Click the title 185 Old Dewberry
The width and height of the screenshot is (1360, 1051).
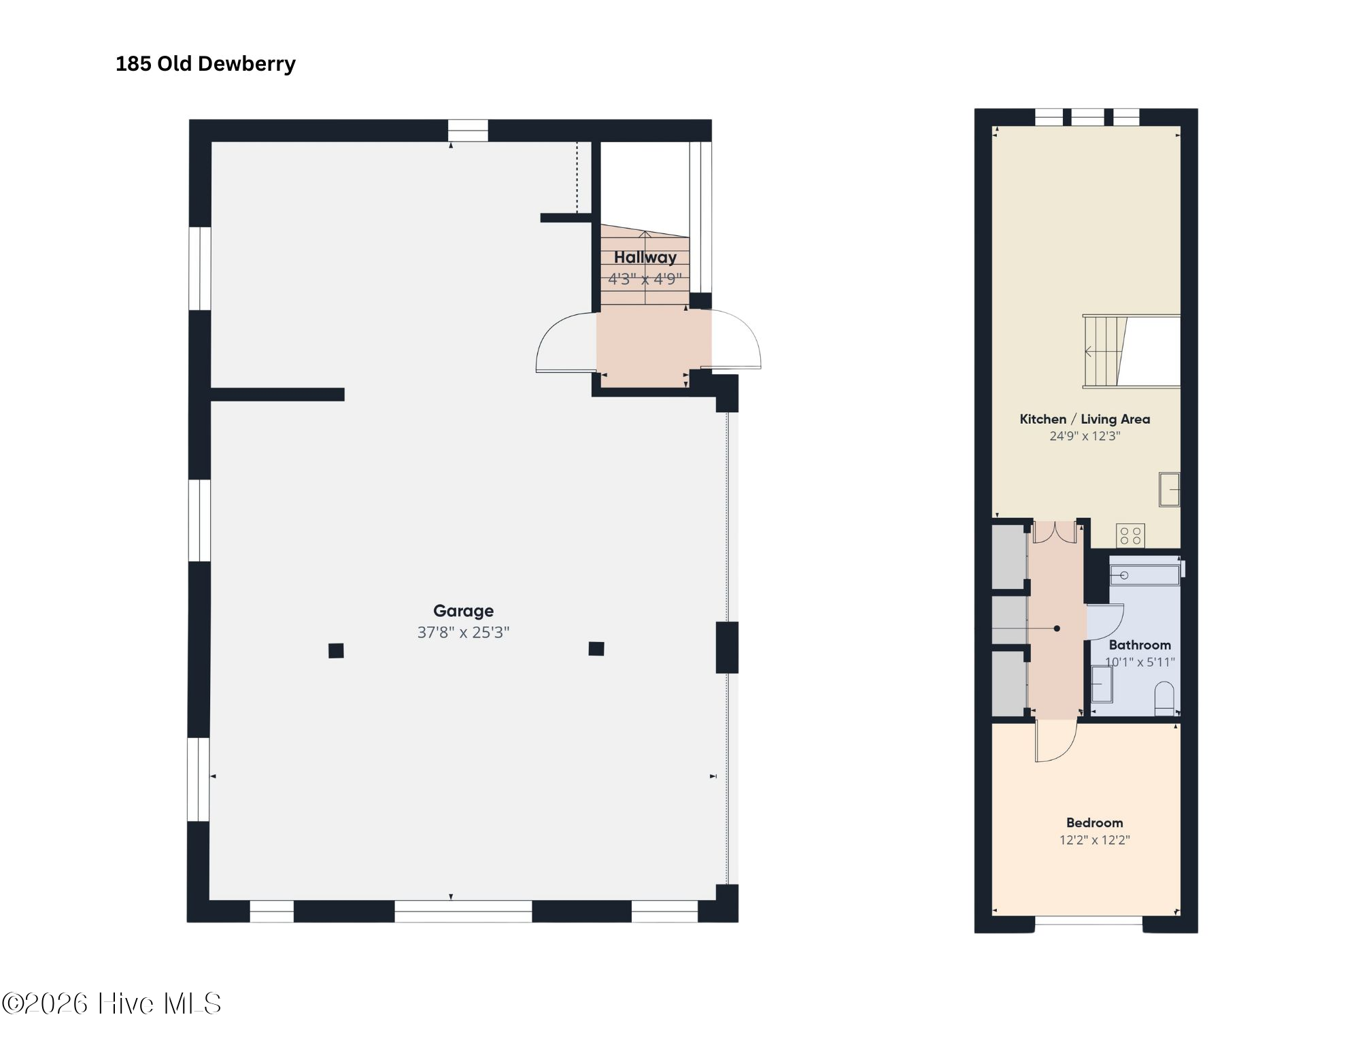pos(205,64)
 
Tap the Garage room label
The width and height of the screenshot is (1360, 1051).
pos(464,611)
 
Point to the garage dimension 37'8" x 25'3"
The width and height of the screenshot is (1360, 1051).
pos(463,633)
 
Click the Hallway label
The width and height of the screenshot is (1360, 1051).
pos(645,257)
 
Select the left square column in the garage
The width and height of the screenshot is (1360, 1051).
pos(336,651)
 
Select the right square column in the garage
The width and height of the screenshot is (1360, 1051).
pos(596,648)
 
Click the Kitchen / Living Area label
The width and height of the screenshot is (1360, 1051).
pos(1085,419)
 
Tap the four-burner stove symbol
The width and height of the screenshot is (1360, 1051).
pos(1130,535)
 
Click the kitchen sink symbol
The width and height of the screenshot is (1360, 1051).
pos(1170,490)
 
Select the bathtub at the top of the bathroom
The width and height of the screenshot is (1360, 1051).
pos(1145,575)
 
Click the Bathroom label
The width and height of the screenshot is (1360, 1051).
pos(1140,645)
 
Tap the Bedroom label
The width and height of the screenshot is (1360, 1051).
pos(1095,822)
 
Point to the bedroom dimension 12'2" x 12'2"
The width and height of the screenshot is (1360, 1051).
pos(1095,840)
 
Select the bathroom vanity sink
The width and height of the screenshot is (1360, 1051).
pos(1102,684)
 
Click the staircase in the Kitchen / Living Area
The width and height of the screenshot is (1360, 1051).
pos(1105,352)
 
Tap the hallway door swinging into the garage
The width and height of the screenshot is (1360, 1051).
pos(566,342)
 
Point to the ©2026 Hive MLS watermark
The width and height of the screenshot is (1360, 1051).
pos(112,1003)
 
